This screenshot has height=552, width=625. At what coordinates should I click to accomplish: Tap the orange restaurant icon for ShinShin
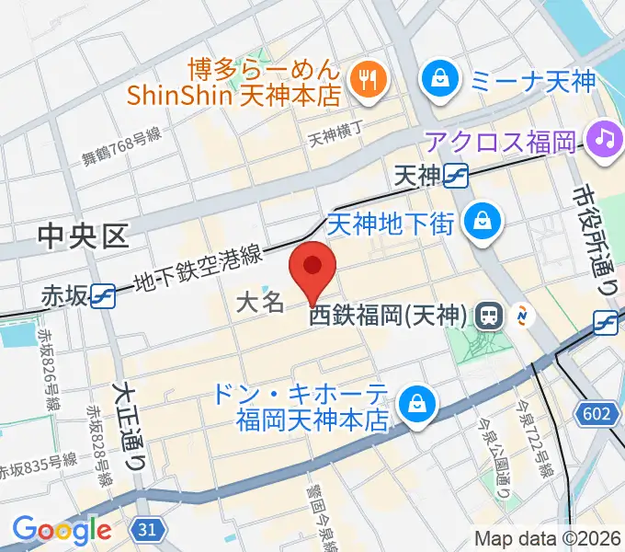(x=369, y=80)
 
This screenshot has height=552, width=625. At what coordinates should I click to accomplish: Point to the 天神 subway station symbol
(x=456, y=173)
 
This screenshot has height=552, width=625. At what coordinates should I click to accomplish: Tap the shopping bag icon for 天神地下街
(x=481, y=222)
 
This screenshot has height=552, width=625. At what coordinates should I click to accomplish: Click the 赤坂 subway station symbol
(x=104, y=294)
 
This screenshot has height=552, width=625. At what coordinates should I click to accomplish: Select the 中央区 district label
(x=83, y=237)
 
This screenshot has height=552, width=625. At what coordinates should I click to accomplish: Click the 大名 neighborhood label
(x=260, y=302)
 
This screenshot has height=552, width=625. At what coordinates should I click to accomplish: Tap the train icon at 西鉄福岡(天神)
(x=489, y=316)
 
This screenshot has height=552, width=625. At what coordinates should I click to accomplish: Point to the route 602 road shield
(x=597, y=415)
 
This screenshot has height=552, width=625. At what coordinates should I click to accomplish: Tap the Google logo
(x=62, y=529)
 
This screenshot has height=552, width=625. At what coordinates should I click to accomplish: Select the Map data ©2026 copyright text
(x=547, y=538)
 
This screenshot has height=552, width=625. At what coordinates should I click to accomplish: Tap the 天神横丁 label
(x=335, y=138)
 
